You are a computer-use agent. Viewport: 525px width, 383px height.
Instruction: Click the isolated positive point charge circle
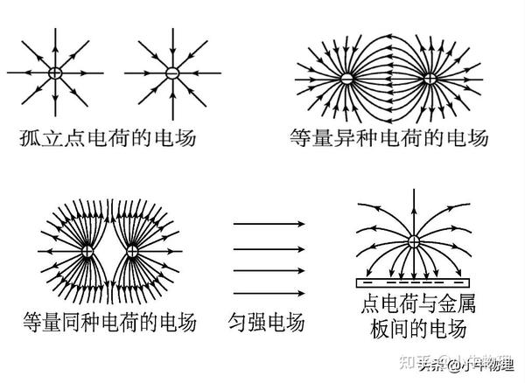tap(54, 73)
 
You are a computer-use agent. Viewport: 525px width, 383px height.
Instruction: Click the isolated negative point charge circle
tap(172, 73)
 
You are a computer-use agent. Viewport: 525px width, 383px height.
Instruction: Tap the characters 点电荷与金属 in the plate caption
tap(413, 305)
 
